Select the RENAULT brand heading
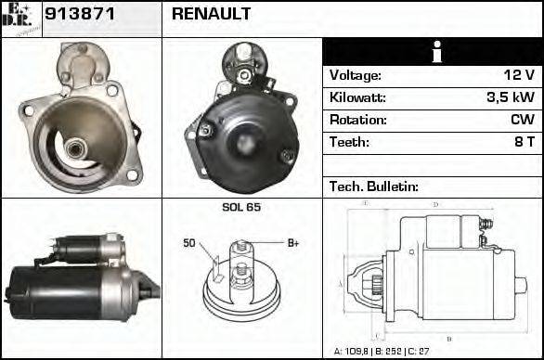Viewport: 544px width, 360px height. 211,16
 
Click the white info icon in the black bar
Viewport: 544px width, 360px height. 432,53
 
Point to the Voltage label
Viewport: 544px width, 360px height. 355,75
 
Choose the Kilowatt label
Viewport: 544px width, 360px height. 357,97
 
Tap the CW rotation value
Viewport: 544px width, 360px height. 522,120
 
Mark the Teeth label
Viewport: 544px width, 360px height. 349,142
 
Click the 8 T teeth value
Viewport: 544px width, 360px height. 523,142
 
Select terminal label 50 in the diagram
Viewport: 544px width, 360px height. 188,243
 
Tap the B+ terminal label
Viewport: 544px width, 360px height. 292,243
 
